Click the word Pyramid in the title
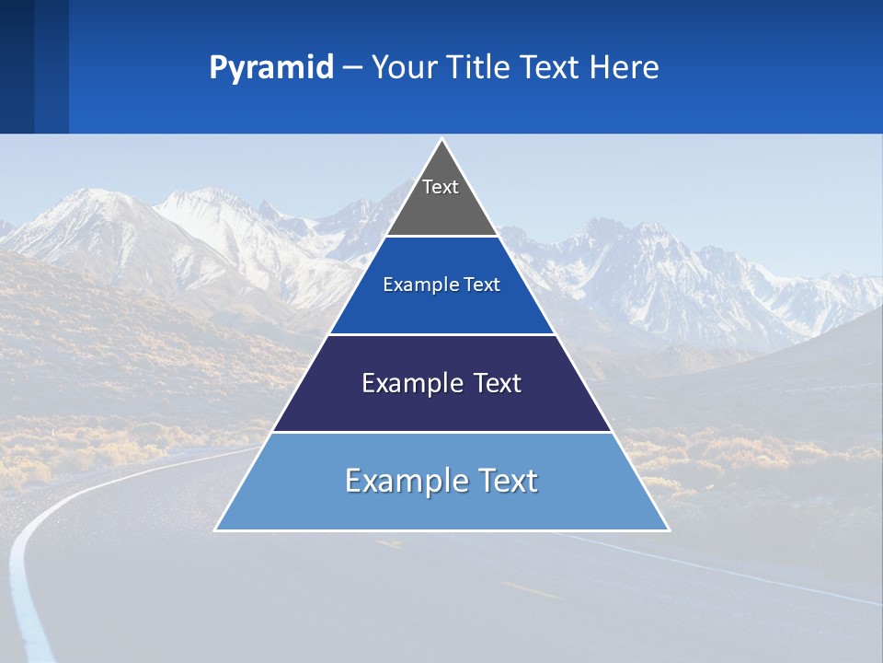pos(271,68)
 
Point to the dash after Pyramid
pos(352,68)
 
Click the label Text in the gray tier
pos(441,187)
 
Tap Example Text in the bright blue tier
pos(441,285)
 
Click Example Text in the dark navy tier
pos(441,383)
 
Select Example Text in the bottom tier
pos(441,481)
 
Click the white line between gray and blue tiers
pos(441,237)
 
